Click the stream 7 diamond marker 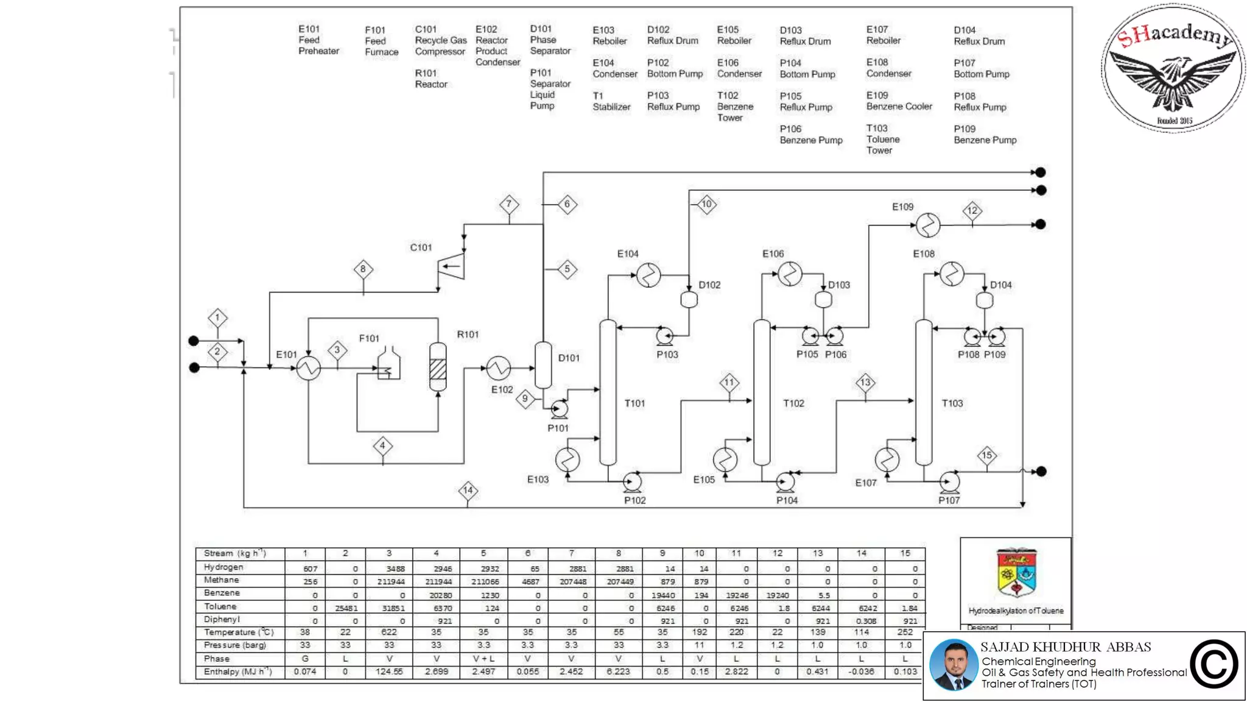click(509, 204)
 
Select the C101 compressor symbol click(451, 266)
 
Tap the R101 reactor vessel click(438, 367)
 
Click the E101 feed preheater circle click(309, 368)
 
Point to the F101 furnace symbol click(388, 364)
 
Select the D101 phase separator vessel click(543, 365)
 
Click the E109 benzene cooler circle click(928, 225)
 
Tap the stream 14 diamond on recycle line click(468, 491)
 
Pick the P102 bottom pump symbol click(633, 483)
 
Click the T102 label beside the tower click(793, 403)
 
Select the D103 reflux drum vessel click(823, 300)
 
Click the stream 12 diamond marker click(972, 211)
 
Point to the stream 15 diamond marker click(986, 455)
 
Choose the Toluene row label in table click(220, 607)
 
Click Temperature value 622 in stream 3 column click(389, 633)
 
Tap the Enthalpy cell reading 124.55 click(389, 672)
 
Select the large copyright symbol click(1214, 665)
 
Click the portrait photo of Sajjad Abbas click(953, 665)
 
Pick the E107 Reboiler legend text click(883, 35)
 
